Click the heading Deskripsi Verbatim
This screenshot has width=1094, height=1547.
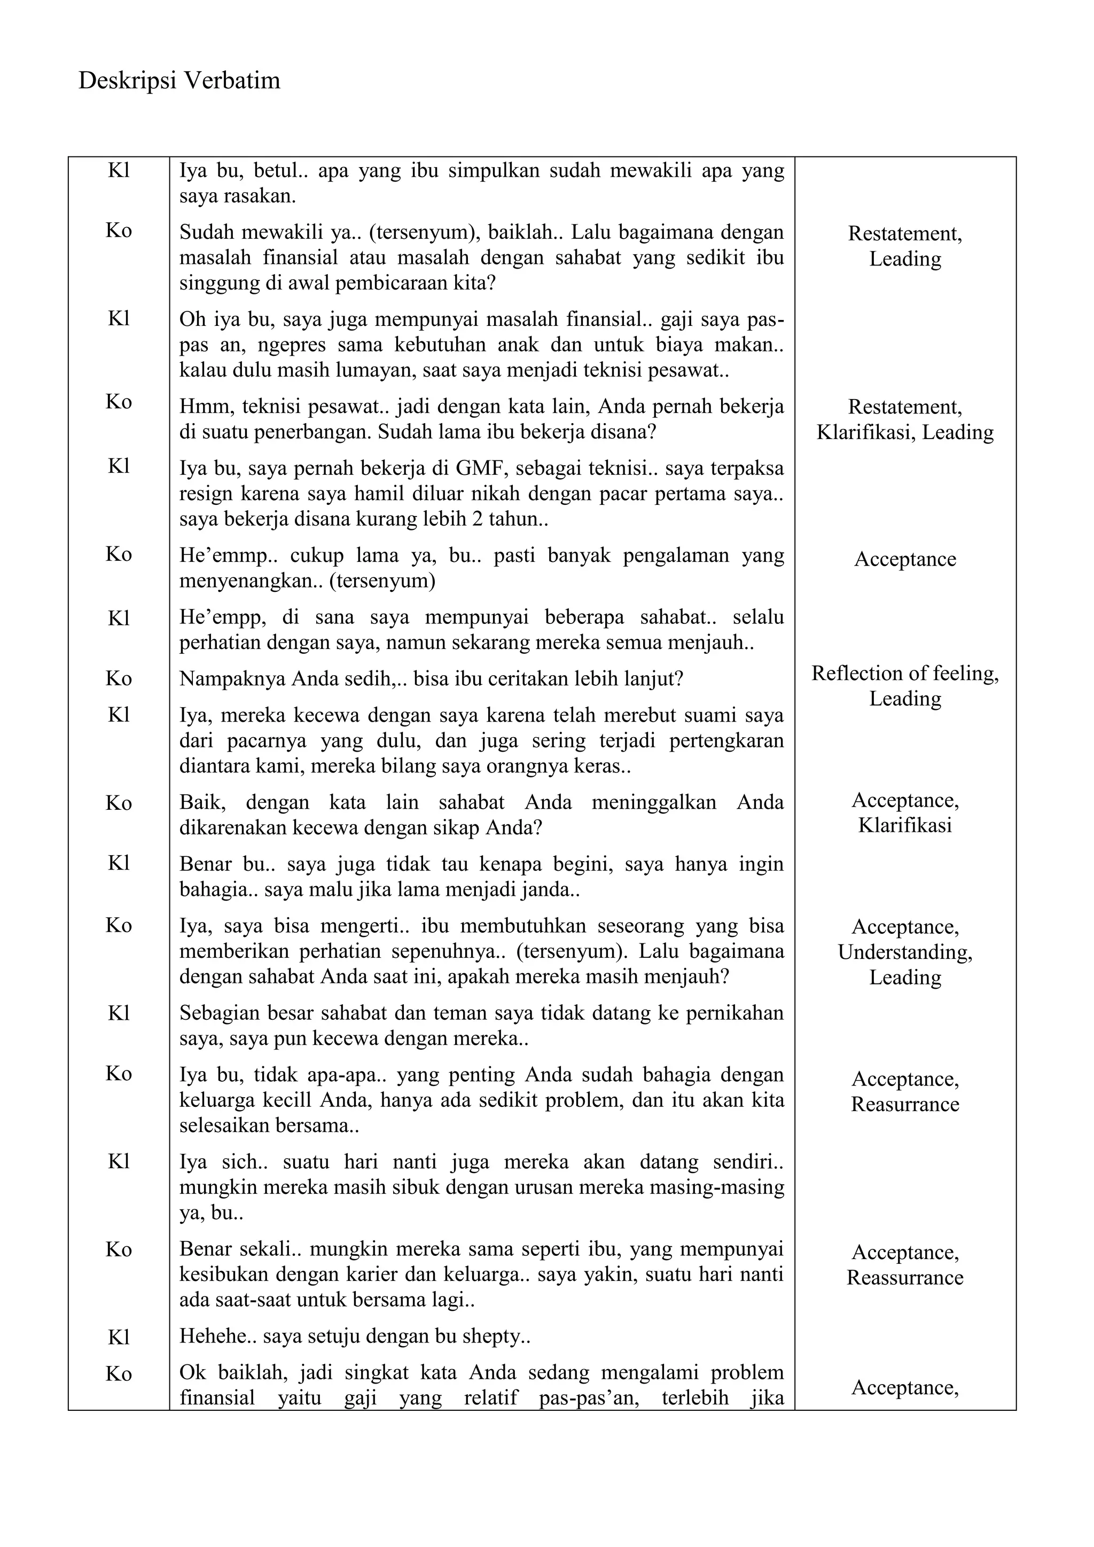179,81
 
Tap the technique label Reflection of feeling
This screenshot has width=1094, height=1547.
905,673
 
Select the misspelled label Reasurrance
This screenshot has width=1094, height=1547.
905,1104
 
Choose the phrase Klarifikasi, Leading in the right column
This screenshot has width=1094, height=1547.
905,433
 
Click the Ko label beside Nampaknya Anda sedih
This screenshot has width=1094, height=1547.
119,678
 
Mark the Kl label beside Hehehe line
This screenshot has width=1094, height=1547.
119,1338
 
